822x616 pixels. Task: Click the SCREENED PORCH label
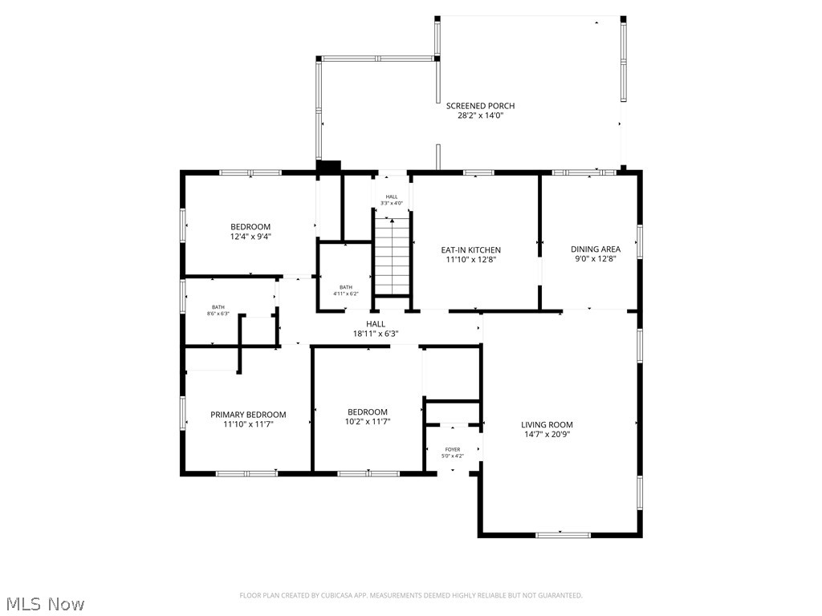point(480,106)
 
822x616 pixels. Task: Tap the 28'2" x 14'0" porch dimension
point(480,115)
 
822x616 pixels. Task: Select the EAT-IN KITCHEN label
point(470,249)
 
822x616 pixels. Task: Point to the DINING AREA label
point(596,249)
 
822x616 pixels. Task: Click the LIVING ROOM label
point(547,425)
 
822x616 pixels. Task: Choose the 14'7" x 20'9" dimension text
point(547,435)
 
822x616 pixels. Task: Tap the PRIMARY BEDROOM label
point(248,415)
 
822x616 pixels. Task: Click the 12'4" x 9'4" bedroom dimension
point(250,237)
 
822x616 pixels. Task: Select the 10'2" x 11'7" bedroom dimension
point(368,422)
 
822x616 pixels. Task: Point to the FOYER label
point(453,450)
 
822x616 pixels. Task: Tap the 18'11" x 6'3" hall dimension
point(376,334)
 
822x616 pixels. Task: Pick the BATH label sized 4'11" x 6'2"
point(346,287)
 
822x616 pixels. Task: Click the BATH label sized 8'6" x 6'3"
point(218,307)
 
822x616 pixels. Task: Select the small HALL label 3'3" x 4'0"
point(392,197)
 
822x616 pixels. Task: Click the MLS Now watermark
point(45,603)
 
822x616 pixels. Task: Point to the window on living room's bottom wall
point(562,534)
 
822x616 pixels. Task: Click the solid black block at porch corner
point(329,166)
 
